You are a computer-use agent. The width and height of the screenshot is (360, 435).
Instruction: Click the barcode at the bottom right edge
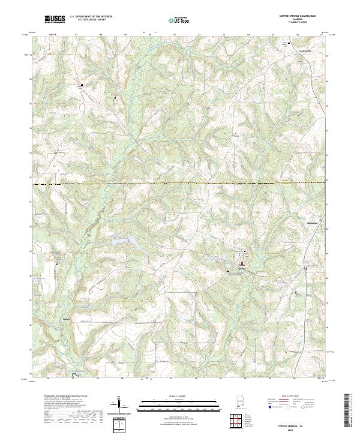(349, 413)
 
